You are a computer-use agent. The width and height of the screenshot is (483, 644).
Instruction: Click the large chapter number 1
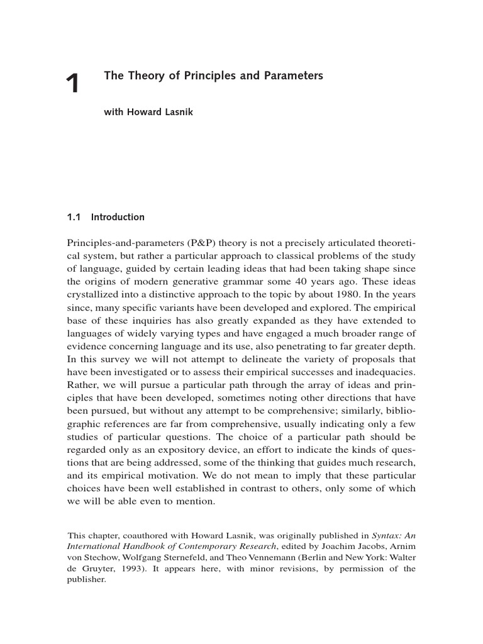[74, 84]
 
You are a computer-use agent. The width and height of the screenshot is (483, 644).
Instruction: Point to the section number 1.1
[74, 218]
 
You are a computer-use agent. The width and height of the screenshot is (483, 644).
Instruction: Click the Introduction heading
[118, 218]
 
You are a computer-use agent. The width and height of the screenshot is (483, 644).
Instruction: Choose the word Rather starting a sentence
[82, 384]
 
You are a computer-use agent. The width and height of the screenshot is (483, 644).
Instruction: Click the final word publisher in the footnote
[86, 580]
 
